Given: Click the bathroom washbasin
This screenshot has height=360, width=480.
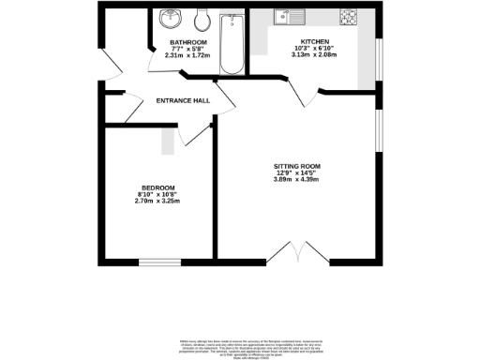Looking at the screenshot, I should [172, 19].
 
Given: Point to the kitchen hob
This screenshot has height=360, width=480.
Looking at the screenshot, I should [349, 17].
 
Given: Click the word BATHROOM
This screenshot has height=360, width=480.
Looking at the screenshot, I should [187, 43].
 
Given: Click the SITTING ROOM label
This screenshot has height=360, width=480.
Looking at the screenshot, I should [297, 165].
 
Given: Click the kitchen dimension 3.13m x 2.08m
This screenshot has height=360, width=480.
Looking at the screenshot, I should [314, 57].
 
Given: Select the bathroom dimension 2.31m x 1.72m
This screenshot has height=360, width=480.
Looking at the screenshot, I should [187, 56].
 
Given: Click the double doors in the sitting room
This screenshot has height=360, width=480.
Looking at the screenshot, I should [291, 251].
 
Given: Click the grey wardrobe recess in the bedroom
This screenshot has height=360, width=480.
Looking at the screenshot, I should [168, 141].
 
